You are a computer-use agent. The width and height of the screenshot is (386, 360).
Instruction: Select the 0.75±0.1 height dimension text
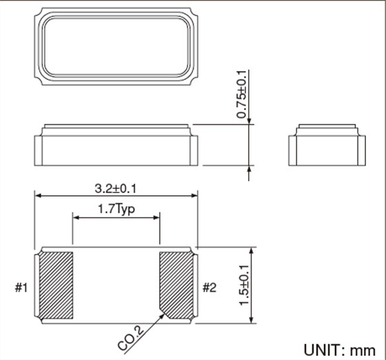click(x=243, y=94)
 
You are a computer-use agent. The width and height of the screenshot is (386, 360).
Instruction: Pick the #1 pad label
click(x=21, y=287)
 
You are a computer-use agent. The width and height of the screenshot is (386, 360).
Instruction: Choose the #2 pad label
click(x=210, y=287)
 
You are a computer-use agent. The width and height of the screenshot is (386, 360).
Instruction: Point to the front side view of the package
click(x=115, y=146)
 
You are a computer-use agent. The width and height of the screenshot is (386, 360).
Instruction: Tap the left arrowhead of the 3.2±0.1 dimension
click(x=38, y=197)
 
